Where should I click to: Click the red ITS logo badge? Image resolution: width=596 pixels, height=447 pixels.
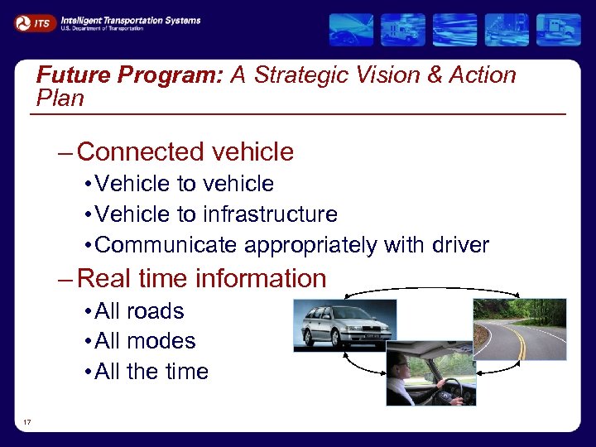click(35, 24)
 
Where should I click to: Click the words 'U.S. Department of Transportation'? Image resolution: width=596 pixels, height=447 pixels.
click(102, 29)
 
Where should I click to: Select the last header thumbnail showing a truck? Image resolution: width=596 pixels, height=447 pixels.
click(558, 30)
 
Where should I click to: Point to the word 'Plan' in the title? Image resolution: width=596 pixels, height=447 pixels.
click(60, 99)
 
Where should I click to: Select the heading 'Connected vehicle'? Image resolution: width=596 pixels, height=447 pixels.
click(185, 152)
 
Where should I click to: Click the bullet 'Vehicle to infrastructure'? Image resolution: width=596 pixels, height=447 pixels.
click(216, 214)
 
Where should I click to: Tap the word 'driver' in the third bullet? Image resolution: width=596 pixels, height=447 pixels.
click(459, 246)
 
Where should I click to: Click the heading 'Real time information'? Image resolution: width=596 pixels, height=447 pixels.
click(201, 278)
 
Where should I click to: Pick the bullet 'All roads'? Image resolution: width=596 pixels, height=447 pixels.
click(139, 311)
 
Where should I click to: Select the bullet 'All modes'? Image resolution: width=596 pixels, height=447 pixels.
click(145, 341)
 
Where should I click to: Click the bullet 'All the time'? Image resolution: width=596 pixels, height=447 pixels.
click(151, 372)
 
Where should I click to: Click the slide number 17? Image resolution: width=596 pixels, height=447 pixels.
click(27, 423)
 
